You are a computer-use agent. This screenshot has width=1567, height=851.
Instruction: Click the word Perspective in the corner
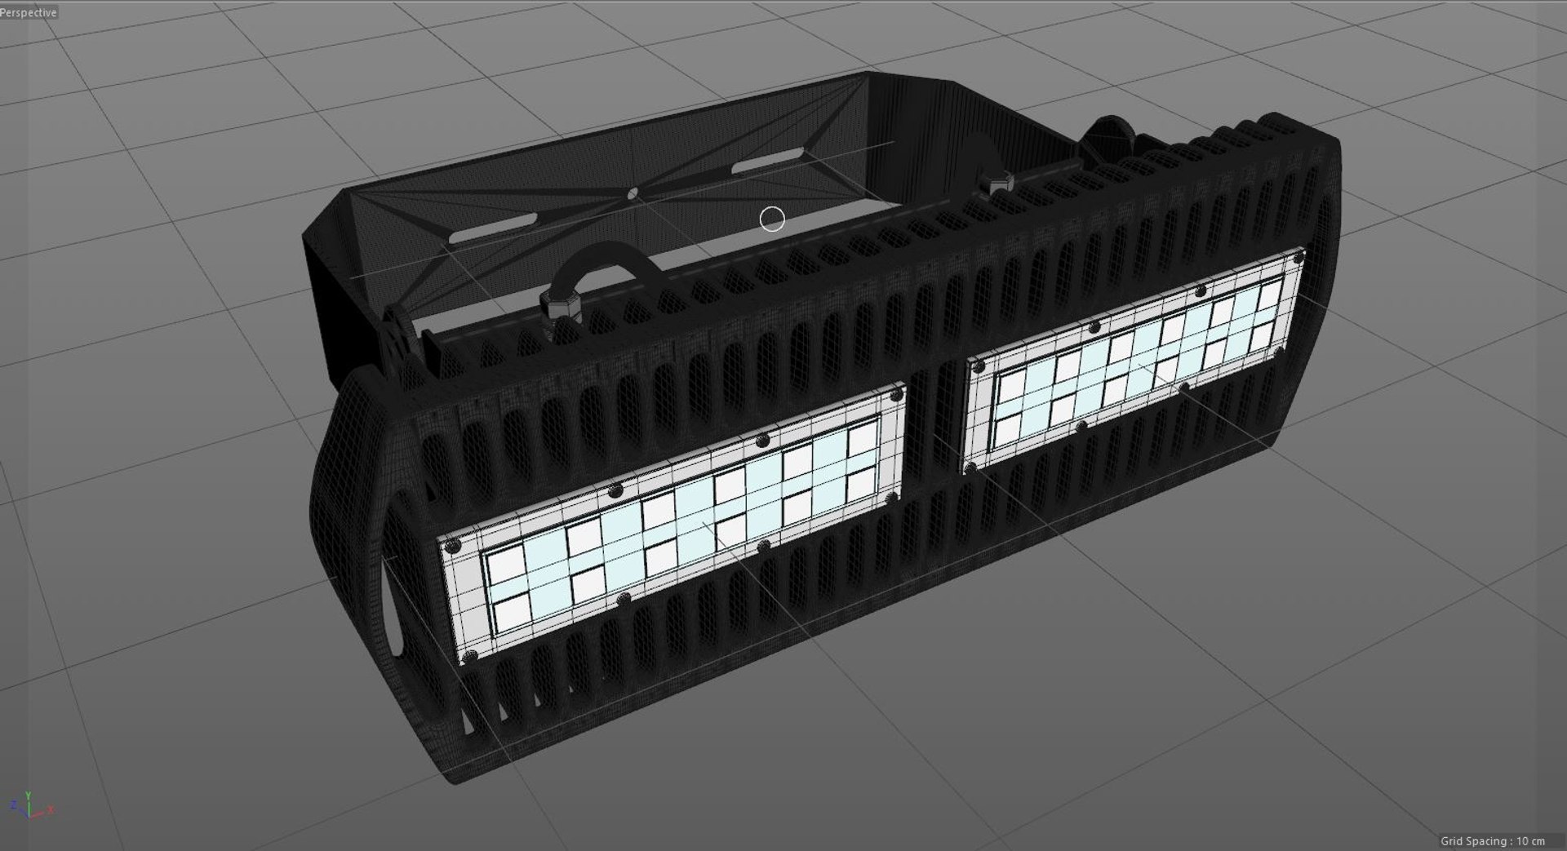29,12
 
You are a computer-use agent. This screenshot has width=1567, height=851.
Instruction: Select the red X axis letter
51,809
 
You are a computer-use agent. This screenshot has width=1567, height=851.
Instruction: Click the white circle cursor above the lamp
772,219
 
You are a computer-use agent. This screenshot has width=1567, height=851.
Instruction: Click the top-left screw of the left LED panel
457,545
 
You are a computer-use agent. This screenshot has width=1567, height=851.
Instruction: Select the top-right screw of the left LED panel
896,395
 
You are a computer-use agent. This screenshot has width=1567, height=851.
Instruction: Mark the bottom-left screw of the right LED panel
971,468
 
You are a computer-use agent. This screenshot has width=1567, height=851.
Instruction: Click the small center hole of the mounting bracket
633,193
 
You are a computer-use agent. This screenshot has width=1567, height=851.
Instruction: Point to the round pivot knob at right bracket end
1111,135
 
